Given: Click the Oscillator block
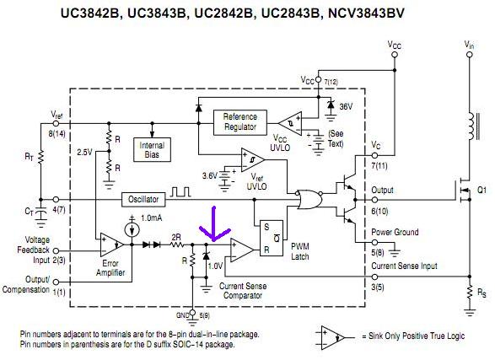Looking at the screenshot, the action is (143, 200).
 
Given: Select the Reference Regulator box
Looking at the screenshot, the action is (240, 122).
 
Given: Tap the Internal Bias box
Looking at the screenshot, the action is (152, 150).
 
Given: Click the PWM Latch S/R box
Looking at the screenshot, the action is (272, 238).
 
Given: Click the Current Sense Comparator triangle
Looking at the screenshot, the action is (242, 250).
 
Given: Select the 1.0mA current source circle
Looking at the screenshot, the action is (132, 230).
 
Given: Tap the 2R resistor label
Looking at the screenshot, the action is (176, 237).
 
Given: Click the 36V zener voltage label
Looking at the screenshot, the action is (346, 106).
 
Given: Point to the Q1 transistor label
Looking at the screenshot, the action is (482, 191).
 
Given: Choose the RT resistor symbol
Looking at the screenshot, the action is (40, 157).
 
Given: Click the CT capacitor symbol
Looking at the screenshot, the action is (40, 214).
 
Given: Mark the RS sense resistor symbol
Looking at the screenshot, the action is (470, 293).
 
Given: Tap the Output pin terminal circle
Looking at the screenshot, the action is (374, 200).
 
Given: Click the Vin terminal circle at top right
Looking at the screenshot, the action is (470, 55).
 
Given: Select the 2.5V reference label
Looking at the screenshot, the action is (84, 153).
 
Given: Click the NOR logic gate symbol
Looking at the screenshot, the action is (309, 200).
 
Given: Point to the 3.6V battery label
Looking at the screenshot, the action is (210, 175).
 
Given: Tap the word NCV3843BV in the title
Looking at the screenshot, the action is (366, 13).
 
